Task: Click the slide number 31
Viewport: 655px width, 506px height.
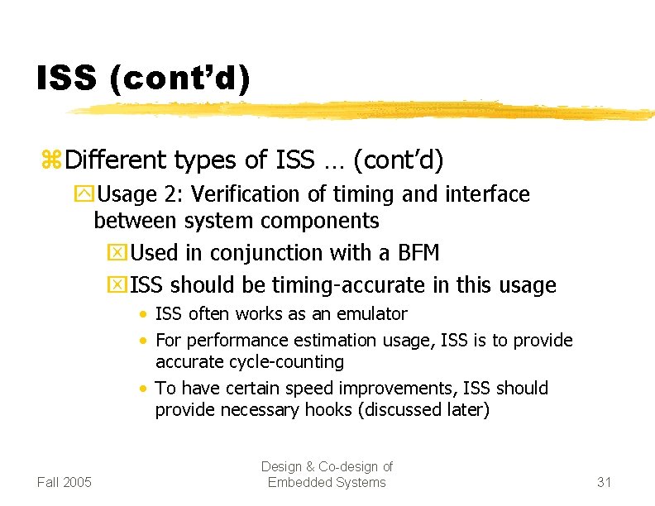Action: [604, 482]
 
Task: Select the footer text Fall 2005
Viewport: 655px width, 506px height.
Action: [65, 482]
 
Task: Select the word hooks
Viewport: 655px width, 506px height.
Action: [338, 410]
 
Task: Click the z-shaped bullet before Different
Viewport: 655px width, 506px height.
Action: [51, 160]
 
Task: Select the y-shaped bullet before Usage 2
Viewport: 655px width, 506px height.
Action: [84, 195]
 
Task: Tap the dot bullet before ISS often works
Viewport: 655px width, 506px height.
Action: [145, 315]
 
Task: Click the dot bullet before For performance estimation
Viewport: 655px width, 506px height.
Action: [145, 341]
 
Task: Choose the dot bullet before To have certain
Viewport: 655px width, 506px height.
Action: [145, 389]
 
